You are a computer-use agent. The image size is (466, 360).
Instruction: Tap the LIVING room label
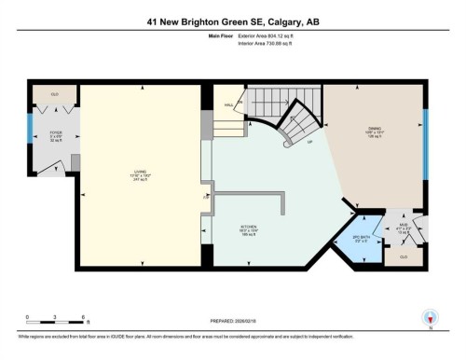pos(140,173)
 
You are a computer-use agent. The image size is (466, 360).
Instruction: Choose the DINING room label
pos(374,136)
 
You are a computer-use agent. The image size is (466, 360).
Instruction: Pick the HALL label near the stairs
pos(229,105)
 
